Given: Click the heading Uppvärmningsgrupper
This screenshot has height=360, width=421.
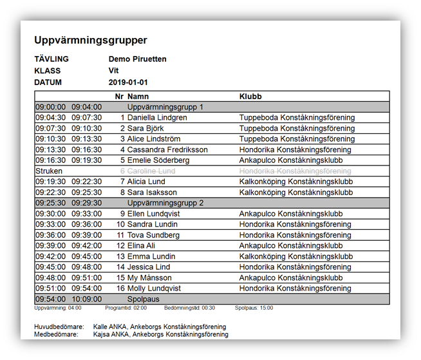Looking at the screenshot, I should (x=91, y=41).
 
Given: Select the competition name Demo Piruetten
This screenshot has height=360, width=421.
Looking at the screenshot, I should (x=137, y=59).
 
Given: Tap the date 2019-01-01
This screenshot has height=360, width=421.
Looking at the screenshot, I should (x=128, y=82).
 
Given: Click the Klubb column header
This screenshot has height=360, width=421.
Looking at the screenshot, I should (x=250, y=97).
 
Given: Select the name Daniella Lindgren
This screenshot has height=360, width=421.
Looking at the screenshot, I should (x=157, y=118).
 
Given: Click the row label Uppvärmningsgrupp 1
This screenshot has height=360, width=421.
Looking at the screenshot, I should (x=165, y=107).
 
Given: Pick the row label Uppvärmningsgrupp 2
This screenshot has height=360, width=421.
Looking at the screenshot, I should (x=165, y=203).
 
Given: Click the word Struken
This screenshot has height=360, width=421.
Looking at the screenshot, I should (x=49, y=171).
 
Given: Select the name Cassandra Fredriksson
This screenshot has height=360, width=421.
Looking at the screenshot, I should (x=167, y=150).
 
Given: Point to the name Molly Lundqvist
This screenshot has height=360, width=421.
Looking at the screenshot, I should (x=154, y=289).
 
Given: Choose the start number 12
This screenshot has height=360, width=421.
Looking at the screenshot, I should (x=120, y=246).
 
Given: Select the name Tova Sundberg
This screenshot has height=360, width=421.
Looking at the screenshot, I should (x=153, y=235).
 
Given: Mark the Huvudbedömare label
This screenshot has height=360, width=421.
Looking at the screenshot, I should (x=59, y=327).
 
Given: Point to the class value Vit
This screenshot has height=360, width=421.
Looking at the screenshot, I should (x=114, y=71).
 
